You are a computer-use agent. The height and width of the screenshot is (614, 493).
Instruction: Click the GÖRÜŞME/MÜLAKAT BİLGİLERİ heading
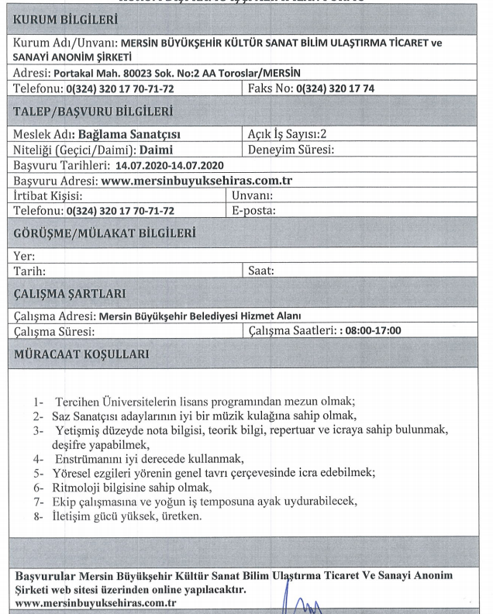tap(103, 233)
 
